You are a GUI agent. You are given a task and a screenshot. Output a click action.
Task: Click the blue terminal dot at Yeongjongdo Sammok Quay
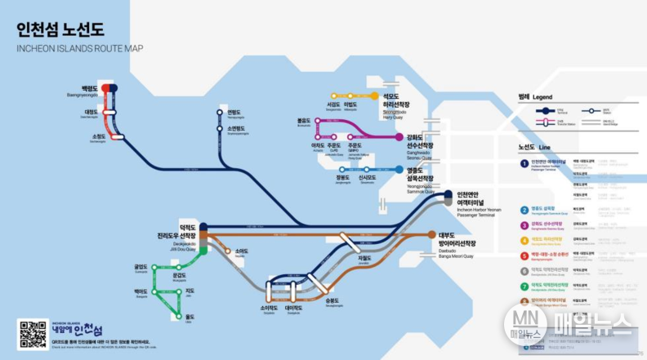coord(399,170)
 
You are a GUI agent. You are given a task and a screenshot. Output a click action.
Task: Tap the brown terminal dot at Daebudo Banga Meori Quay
coord(431,235)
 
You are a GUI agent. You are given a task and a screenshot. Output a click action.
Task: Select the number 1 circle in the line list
coord(524,162)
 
